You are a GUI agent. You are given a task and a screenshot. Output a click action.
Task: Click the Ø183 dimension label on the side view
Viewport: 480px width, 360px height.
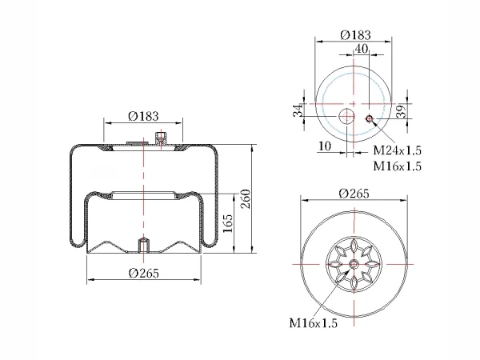pos(143,116)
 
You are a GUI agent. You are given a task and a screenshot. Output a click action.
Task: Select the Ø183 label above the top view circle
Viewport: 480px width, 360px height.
pos(356,35)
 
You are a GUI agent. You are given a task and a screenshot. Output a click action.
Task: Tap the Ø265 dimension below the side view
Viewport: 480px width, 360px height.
pos(144,273)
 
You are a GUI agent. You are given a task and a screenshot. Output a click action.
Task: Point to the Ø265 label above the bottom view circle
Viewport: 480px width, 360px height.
pos(354,194)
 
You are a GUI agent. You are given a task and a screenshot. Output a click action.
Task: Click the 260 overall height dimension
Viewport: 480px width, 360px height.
pos(246,199)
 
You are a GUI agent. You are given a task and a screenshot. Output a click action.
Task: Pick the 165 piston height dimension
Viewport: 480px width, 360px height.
pos(228,223)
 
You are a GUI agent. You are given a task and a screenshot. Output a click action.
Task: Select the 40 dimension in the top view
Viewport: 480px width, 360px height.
pos(362,49)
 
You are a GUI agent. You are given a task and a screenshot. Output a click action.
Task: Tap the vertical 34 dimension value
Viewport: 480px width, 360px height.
pos(298,110)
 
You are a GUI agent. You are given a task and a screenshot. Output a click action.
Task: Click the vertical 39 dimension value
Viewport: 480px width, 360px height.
pos(402,111)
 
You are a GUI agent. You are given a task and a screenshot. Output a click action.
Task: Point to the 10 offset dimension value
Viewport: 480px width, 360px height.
pos(325,146)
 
